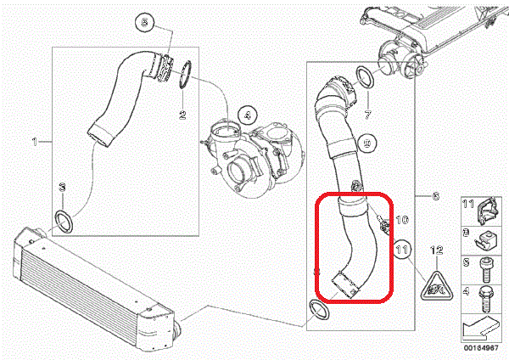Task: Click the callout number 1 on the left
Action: click(36, 140)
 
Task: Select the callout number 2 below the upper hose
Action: click(182, 114)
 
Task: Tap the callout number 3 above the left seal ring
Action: click(61, 187)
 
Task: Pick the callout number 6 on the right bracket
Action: click(435, 196)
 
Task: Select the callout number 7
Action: click(368, 114)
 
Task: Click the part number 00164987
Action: click(482, 350)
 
